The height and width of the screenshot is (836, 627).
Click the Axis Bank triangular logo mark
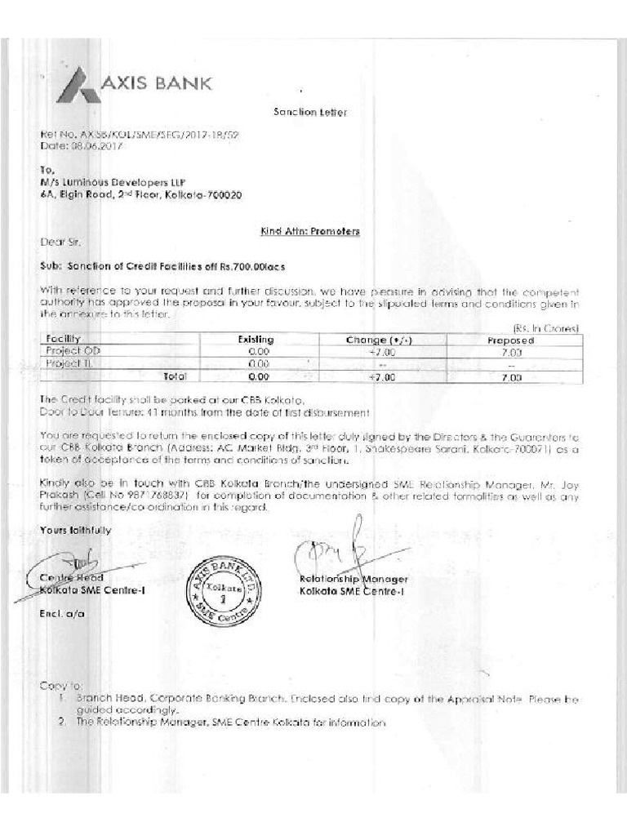coord(78,85)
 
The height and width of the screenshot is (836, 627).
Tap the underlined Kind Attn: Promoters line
coord(309,232)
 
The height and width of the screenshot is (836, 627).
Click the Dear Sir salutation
coord(60,242)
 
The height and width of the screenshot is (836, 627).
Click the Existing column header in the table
coord(256,340)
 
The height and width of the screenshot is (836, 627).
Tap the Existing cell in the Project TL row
coord(259,364)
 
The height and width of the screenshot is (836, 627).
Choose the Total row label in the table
coord(175,376)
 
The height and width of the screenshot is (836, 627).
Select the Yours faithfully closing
coord(74,531)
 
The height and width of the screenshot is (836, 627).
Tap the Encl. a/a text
coord(61,612)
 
